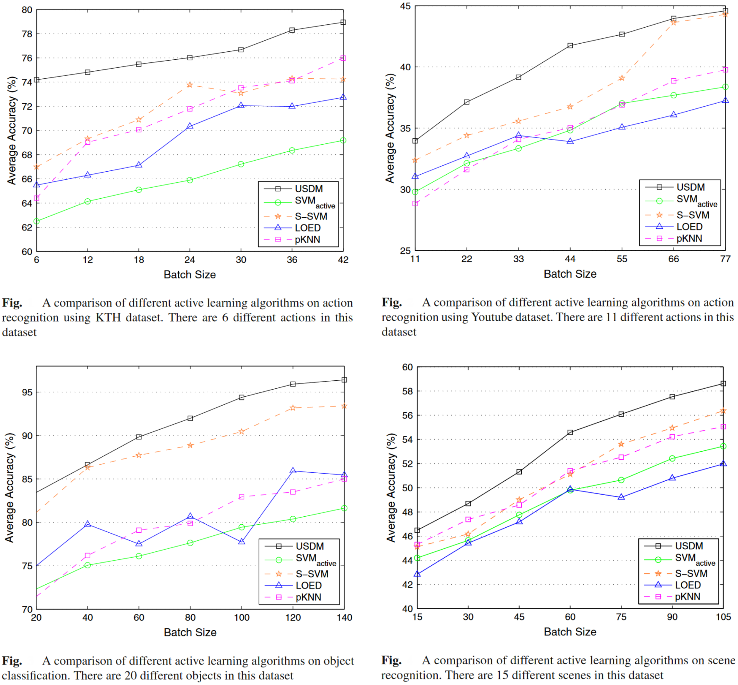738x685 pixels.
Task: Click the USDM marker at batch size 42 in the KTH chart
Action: [343, 22]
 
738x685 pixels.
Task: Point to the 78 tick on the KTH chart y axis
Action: [27, 34]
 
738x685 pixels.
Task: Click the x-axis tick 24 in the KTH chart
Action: [190, 260]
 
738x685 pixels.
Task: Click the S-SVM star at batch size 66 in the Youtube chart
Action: [674, 23]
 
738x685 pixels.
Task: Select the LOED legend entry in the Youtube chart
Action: [689, 227]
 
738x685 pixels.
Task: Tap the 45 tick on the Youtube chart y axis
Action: [405, 6]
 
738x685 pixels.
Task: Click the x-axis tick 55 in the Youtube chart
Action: [622, 259]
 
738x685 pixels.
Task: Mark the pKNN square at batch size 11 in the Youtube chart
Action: [415, 203]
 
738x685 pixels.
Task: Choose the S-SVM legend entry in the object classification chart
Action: [312, 574]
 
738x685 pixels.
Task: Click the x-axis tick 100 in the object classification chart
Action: [242, 618]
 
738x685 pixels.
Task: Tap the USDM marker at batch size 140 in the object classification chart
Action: [344, 380]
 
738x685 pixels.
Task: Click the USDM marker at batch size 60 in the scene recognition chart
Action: [570, 433]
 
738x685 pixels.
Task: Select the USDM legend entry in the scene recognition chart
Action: [689, 546]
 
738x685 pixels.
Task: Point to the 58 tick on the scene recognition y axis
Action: [407, 391]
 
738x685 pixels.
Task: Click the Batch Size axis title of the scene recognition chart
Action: [570, 632]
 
